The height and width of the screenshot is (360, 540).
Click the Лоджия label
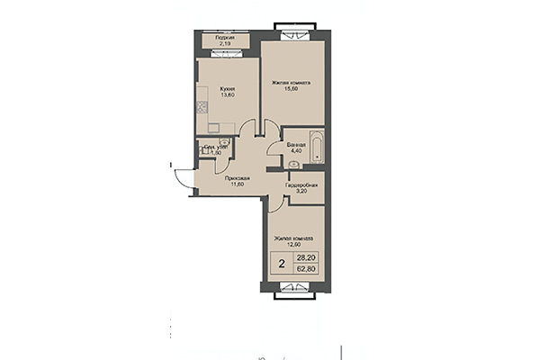pyautogui.click(x=212, y=37)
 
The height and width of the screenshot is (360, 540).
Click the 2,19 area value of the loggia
pyautogui.click(x=212, y=43)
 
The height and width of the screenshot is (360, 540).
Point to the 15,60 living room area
pyautogui.click(x=292, y=88)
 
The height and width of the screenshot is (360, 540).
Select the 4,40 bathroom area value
pyautogui.click(x=294, y=150)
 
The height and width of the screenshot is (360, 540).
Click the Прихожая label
pyautogui.click(x=238, y=179)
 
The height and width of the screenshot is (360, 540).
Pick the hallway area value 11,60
pyautogui.click(x=238, y=185)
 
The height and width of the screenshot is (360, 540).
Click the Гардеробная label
pyautogui.click(x=300, y=185)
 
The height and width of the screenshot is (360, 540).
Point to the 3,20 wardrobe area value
pyautogui.click(x=300, y=192)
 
